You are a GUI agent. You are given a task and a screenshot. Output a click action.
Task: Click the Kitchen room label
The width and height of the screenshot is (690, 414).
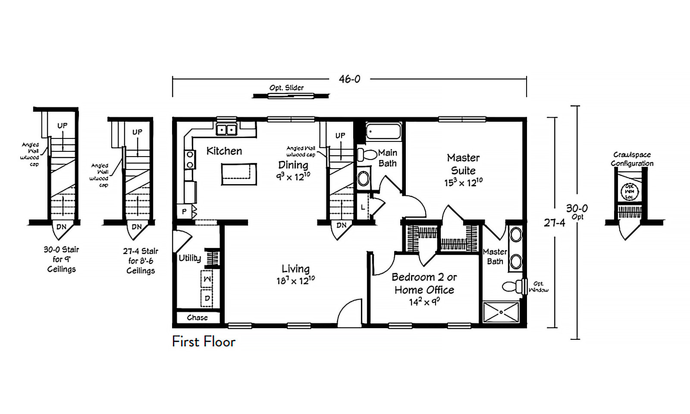click(224, 151)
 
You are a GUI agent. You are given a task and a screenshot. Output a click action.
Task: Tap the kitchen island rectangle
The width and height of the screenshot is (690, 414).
click(239, 174)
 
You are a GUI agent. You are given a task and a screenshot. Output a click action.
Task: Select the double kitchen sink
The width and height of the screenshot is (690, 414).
click(226, 129)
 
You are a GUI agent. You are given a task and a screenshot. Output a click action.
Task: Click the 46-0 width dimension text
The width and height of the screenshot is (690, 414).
click(349, 79)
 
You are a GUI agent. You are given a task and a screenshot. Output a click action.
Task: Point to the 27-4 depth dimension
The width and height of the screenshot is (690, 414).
click(554, 223)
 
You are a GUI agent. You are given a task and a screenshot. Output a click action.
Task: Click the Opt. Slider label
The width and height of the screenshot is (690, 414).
click(286, 88)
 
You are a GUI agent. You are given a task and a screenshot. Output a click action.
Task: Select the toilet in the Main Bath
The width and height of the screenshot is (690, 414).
click(366, 154)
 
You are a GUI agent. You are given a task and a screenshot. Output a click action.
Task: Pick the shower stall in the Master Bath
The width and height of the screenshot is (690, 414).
click(501, 312)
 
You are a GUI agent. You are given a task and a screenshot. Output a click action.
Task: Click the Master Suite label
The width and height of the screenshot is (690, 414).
click(463, 164)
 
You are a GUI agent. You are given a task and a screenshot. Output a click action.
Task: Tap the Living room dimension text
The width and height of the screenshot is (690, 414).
click(295, 281)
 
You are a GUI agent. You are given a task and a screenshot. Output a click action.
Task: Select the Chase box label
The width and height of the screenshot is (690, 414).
click(197, 317)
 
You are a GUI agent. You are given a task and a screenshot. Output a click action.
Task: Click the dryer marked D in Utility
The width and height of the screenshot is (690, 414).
click(207, 298)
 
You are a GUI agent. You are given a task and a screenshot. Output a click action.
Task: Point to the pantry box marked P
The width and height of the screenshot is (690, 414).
click(184, 211)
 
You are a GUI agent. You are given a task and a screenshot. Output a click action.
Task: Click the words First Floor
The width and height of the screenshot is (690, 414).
click(204, 342)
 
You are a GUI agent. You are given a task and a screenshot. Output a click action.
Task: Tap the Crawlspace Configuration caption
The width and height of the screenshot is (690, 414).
click(632, 159)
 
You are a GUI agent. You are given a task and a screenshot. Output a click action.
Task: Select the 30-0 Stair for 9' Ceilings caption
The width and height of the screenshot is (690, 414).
click(61, 259)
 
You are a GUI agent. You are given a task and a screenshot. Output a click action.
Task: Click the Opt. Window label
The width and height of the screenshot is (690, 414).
click(539, 287)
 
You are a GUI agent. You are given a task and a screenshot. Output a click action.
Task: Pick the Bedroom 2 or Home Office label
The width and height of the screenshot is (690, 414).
click(424, 283)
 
